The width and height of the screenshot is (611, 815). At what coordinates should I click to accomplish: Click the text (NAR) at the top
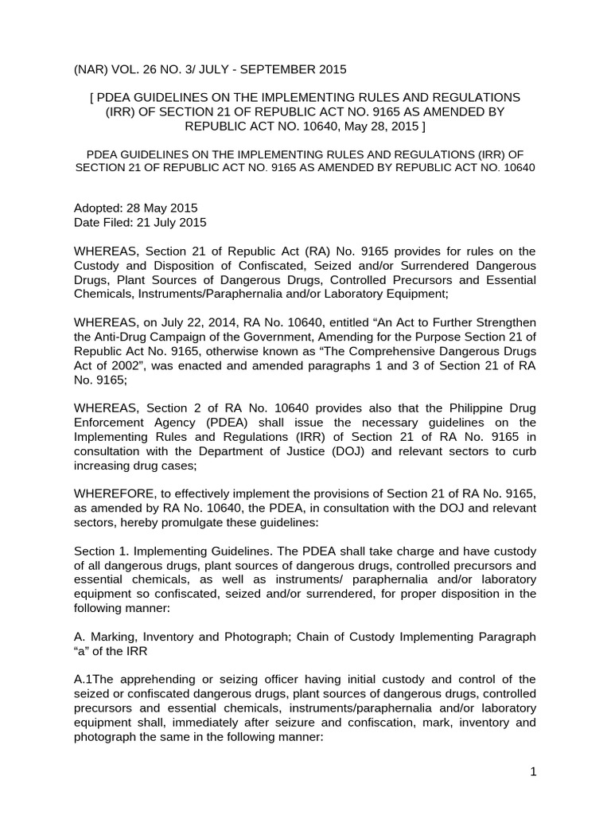click(x=91, y=69)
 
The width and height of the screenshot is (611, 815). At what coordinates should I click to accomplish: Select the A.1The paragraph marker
click(x=94, y=679)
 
